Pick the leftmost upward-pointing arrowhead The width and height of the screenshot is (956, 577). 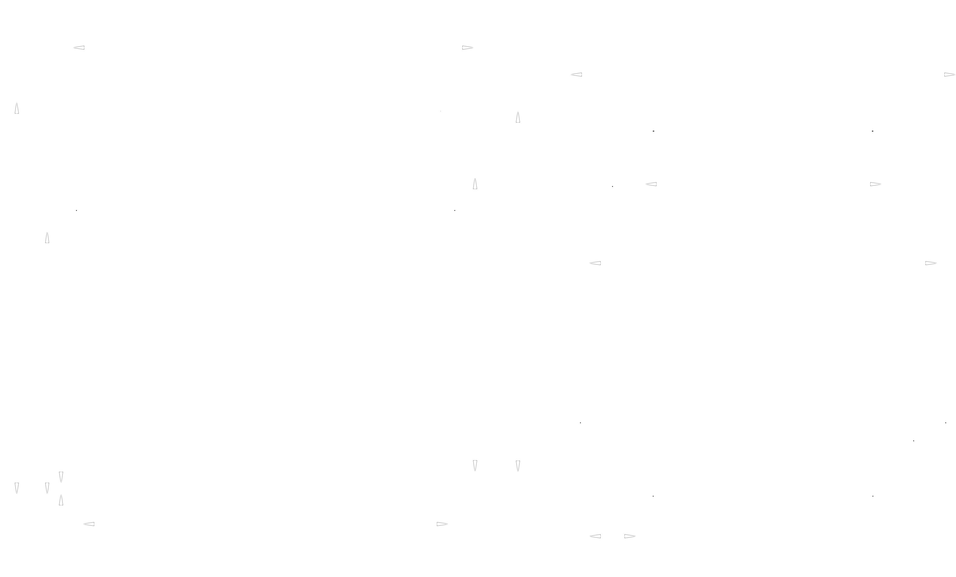point(17,109)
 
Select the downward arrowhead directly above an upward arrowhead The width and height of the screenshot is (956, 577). point(61,477)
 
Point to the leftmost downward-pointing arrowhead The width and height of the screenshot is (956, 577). point(17,488)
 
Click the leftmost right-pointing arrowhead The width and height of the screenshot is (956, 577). point(442,524)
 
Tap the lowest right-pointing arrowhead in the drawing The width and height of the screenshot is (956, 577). point(629,536)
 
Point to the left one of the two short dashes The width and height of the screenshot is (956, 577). point(654,131)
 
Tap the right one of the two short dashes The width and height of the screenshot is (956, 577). point(873,131)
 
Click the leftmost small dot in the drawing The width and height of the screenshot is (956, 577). point(76,210)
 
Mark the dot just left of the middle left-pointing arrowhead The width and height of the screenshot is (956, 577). point(613,187)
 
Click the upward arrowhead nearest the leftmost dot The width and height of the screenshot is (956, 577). point(47,238)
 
